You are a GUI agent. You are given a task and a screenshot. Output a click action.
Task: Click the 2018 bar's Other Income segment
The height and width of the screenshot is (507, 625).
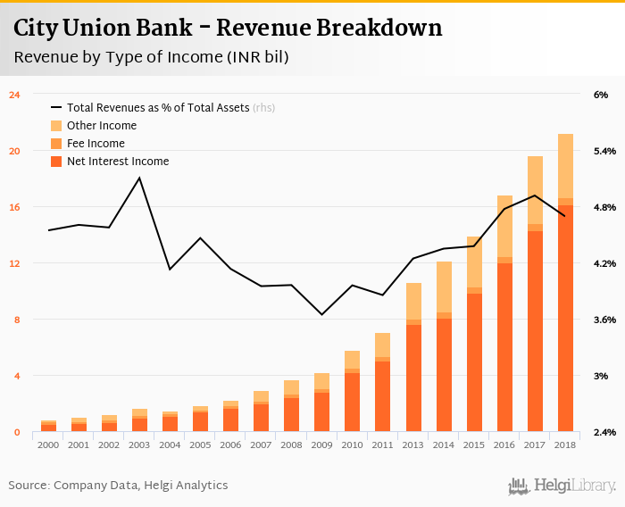tap(565, 166)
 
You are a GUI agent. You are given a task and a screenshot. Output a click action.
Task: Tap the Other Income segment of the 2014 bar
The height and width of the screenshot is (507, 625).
tap(444, 287)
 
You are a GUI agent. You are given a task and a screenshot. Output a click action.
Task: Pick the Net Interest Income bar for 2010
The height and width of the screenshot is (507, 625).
tap(353, 403)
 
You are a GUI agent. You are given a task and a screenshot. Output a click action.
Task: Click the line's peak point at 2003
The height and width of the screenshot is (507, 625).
tap(139, 178)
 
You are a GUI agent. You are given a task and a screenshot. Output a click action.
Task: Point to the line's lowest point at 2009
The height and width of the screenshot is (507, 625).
tap(322, 314)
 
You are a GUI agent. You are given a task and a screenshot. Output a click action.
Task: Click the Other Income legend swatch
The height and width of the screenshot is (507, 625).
tap(57, 126)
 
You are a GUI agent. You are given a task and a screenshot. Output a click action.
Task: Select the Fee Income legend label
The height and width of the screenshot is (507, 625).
tap(96, 144)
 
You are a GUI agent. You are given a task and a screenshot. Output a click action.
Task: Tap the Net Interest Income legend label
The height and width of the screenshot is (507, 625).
tap(118, 162)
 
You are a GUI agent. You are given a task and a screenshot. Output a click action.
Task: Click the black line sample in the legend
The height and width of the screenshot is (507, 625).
tap(57, 108)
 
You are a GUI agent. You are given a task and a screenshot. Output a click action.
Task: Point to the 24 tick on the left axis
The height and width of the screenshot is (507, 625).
tap(14, 95)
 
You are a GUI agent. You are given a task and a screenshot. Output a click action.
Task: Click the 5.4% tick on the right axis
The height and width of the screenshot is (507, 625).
tap(604, 151)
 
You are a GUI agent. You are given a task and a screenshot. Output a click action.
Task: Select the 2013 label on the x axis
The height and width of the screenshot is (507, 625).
tap(413, 444)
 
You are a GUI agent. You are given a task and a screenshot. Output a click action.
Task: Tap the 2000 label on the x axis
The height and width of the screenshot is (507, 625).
tap(48, 444)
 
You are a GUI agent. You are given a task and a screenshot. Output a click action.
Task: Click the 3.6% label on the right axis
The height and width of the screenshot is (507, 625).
tap(604, 320)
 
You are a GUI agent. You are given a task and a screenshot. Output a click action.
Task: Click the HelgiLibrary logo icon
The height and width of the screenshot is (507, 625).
tap(519, 486)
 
